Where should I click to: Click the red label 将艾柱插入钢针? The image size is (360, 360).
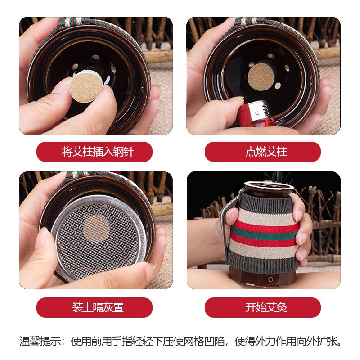(94, 152)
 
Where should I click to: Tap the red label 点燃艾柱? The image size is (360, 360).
(263, 152)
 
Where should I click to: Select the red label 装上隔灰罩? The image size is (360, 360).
(94, 307)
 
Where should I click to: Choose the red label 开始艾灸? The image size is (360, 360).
(263, 307)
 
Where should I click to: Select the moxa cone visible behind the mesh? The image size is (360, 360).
(96, 229)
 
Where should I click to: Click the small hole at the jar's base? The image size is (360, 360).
(271, 279)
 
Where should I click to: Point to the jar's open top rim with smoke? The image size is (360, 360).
(269, 185)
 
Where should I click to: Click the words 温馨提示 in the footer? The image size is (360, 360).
(40, 341)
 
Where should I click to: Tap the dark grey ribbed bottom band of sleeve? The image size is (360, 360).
(262, 261)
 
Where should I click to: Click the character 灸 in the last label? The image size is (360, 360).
(282, 307)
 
